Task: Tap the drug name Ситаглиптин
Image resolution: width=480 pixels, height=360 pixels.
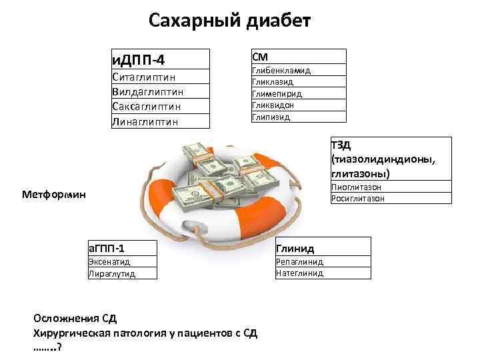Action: (x=147, y=78)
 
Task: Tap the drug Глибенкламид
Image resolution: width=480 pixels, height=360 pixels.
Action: (x=282, y=70)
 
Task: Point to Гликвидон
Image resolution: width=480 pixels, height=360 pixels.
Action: (x=273, y=105)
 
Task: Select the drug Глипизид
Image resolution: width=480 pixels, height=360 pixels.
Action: (x=271, y=117)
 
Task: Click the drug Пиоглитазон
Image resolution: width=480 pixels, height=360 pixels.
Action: (x=356, y=187)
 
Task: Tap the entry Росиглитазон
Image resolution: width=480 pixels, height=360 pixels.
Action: (x=357, y=198)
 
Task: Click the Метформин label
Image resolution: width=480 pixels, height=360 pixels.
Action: (x=54, y=195)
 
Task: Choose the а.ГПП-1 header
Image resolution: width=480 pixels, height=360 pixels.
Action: (x=106, y=247)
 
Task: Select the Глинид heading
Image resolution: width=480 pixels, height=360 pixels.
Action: (x=295, y=247)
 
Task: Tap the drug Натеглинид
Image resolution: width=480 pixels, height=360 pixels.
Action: (x=299, y=273)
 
